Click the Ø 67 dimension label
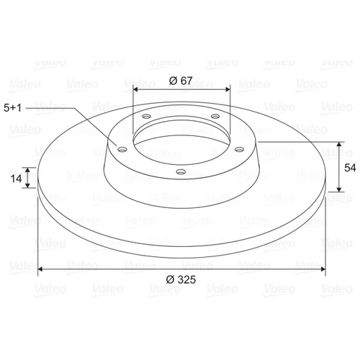coord(181,81)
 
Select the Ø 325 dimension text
coord(181,279)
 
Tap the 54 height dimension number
coord(350,168)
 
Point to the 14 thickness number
coord(16,179)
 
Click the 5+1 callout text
coord(12,108)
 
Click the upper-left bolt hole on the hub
coord(146,117)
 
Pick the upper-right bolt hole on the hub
coord(215,117)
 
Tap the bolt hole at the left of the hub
coord(122,150)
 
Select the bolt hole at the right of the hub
coord(239,150)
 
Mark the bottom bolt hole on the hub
coord(181,171)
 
